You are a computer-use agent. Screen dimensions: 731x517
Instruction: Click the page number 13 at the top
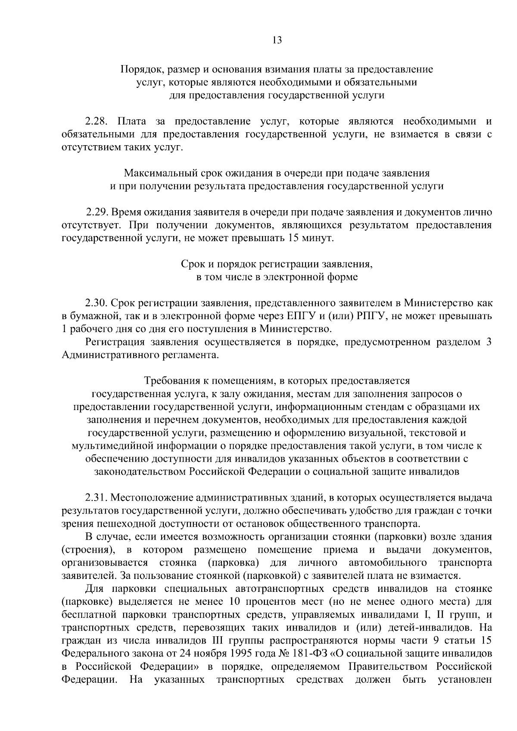(x=277, y=40)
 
